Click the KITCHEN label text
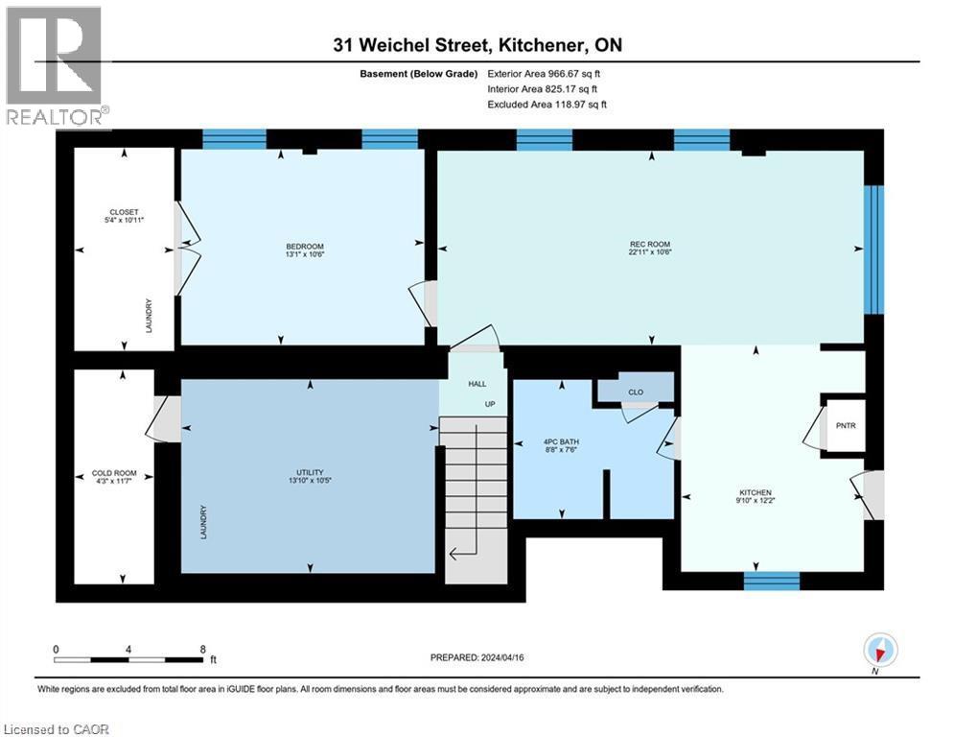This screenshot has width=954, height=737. pos(755,494)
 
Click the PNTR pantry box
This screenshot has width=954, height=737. pos(845,423)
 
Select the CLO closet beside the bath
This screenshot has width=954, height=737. pos(635,391)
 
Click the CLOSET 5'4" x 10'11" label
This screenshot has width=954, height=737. pos(124,216)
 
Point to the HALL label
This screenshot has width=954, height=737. pos(477,384)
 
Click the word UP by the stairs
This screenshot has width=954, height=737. pos(489,404)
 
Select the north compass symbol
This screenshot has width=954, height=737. pos(879,652)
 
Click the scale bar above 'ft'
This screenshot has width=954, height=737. pos(128,659)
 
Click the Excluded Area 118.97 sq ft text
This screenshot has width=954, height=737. pos(548,105)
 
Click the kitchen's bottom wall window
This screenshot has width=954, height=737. pos(772,580)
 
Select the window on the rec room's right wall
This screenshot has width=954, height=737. pos(873,250)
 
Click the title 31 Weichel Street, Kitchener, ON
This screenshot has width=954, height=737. pos(477,45)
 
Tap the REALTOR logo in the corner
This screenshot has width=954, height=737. pos(55,67)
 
